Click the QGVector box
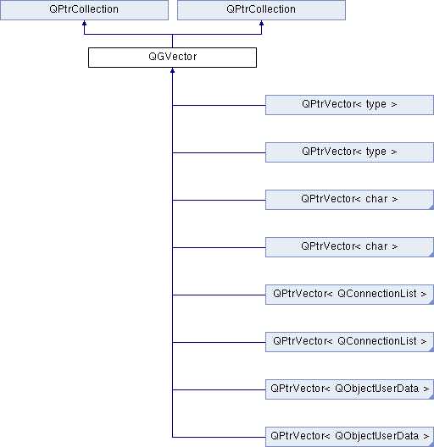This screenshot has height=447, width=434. [172, 58]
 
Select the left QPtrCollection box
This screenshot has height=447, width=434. [84, 10]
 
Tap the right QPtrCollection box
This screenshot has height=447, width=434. [261, 10]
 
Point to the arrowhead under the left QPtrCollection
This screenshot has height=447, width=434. [84, 23]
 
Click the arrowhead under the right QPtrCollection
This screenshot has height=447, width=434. [261, 23]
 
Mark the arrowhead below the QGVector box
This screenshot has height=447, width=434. [172, 70]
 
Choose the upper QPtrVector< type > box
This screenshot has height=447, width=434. [349, 105]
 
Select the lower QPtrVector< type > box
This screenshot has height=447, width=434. [349, 152]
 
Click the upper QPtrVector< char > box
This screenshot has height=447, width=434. [349, 200]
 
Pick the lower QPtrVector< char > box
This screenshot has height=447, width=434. [349, 247]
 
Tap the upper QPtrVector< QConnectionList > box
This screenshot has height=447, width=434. [349, 295]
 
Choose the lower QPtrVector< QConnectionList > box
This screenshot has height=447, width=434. [349, 342]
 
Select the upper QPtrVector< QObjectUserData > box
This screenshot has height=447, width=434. [349, 389]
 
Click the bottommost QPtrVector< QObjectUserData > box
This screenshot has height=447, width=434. [349, 437]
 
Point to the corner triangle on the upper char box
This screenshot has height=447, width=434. [431, 207]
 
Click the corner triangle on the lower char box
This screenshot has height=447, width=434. [431, 255]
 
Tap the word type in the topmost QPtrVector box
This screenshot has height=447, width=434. [376, 105]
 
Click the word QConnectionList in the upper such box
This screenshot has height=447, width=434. [377, 293]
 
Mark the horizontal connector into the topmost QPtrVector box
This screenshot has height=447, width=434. [219, 105]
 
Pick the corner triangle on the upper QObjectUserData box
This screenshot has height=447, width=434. [431, 397]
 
